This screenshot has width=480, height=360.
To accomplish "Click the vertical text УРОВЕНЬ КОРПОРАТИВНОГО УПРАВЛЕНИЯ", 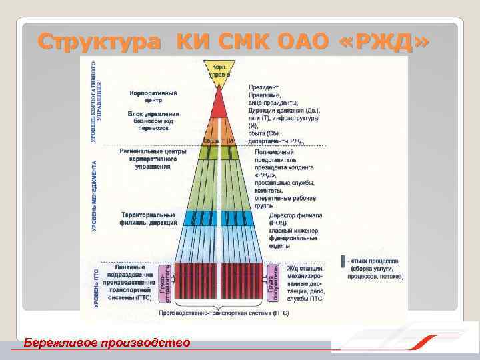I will tap(96, 100).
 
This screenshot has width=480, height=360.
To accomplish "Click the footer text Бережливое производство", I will tap(107, 343).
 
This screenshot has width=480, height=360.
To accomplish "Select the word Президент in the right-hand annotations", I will tap(264, 87).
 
